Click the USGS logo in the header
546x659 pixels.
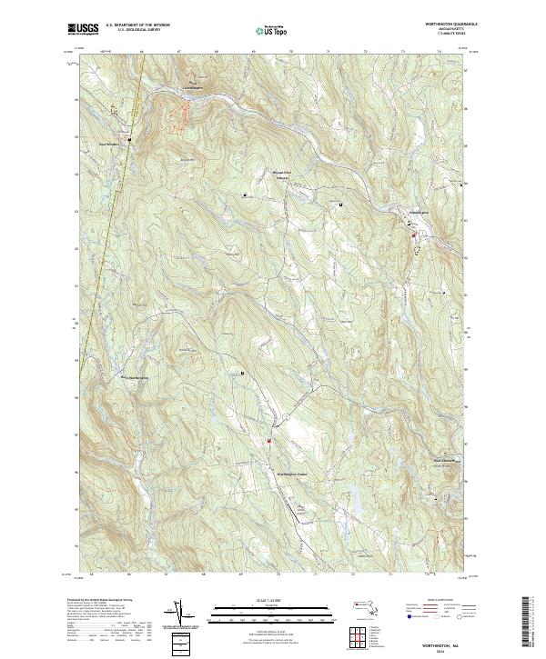click(83, 30)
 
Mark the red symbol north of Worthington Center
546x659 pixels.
click(269, 442)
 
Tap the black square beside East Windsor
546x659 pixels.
click(129, 140)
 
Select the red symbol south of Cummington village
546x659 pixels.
click(412, 236)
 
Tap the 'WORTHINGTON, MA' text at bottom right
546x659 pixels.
click(448, 643)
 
